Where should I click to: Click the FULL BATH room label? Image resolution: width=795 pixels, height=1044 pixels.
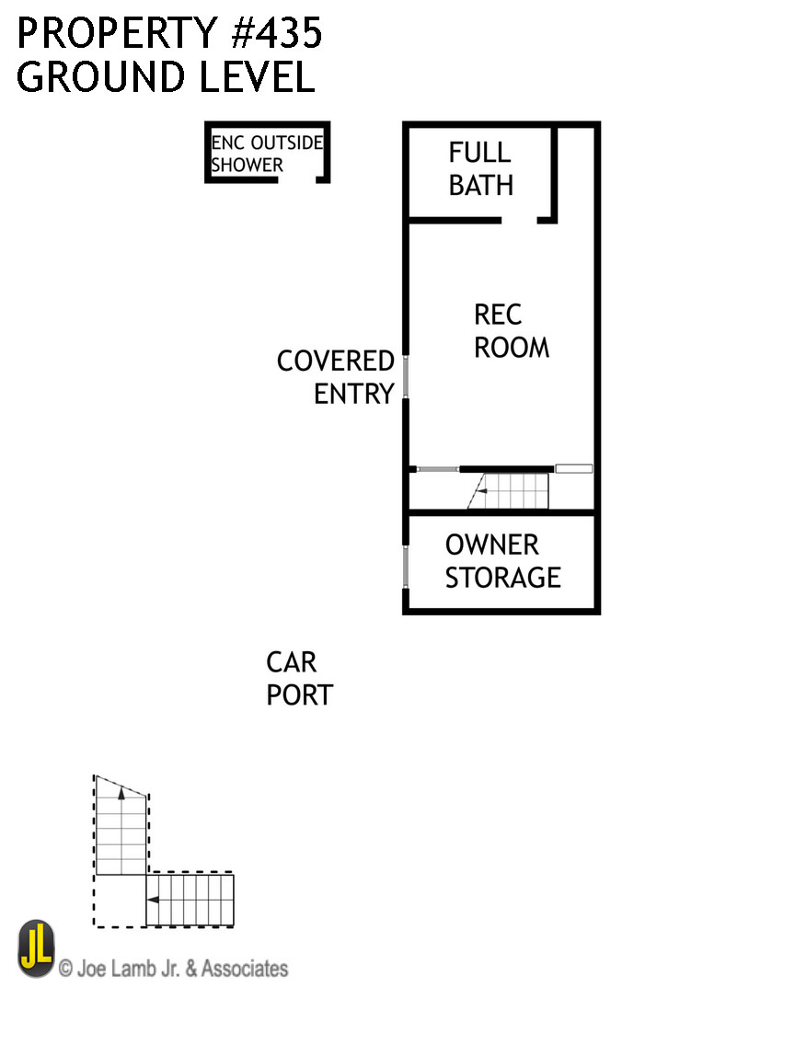pos(480,169)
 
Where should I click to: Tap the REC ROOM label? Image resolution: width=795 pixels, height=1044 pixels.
pos(511,331)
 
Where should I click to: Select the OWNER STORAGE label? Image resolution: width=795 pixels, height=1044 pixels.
pos(502,561)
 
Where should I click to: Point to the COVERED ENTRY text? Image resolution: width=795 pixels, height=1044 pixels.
pos(336,377)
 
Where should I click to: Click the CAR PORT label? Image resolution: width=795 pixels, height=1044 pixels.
pos(298,679)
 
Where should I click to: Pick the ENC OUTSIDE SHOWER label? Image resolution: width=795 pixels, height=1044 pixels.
pos(267,154)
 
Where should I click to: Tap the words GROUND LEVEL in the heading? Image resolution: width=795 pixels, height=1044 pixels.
pos(166,77)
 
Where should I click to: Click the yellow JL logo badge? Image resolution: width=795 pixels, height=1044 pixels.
pos(36,948)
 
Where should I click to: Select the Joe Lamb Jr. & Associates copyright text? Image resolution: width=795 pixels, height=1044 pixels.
pos(173,969)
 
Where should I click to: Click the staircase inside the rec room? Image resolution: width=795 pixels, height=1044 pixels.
pos(511,490)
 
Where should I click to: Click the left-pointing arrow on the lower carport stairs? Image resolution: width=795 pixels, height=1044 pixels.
pos(155,900)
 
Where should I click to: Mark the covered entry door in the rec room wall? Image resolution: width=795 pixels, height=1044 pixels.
pos(405,377)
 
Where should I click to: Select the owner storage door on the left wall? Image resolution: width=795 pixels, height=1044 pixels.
pos(405,566)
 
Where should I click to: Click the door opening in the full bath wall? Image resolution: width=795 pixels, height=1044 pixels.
pos(520,221)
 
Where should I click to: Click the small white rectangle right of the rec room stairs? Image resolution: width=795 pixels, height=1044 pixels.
pos(574,469)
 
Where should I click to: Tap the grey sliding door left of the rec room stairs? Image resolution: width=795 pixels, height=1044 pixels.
pos(438,469)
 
